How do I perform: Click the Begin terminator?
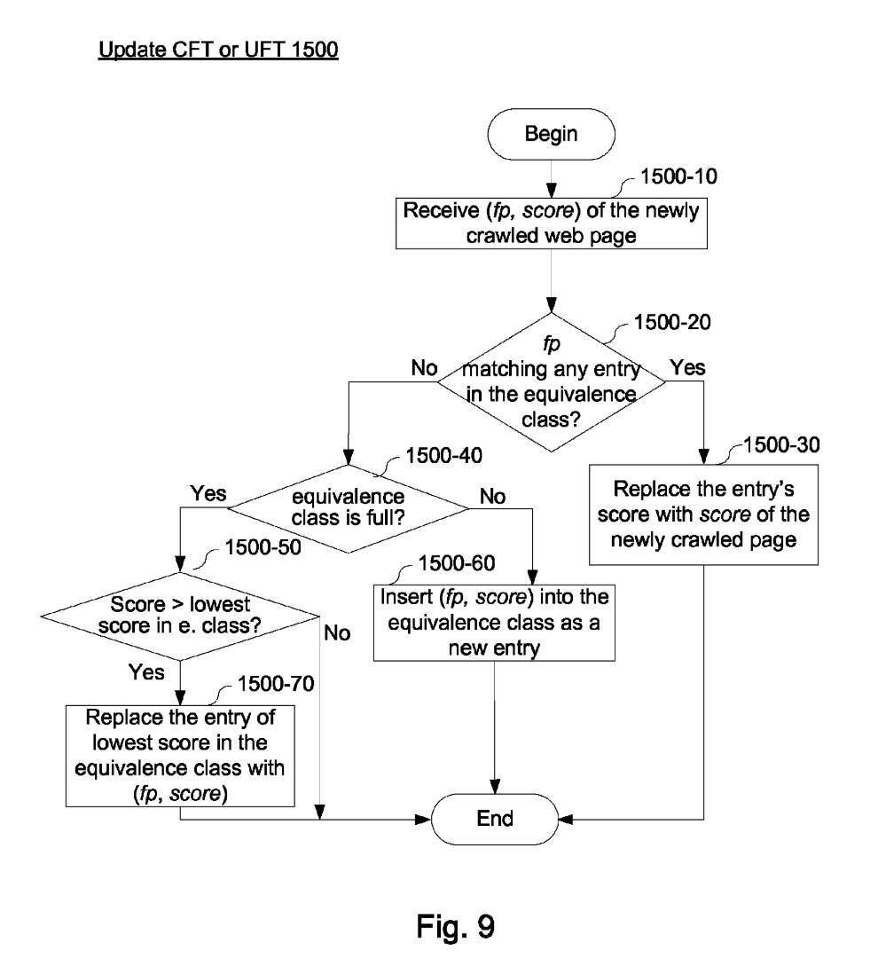551,134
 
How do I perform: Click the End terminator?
495,818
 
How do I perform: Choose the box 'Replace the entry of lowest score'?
180,755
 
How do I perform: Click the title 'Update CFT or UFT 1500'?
218,51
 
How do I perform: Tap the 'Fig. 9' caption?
456,925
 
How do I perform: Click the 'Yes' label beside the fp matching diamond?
689,366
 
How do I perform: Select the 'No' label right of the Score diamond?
337,632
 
